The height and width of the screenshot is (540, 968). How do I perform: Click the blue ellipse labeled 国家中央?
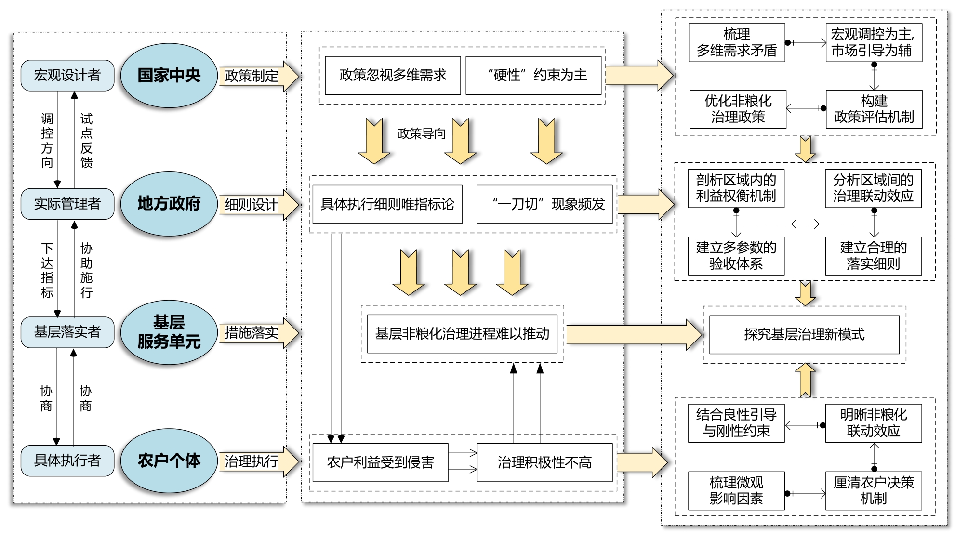point(169,75)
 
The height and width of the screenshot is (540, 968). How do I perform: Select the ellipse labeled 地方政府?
point(169,204)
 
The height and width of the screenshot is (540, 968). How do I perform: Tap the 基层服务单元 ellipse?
point(169,332)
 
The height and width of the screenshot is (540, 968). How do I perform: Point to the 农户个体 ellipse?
point(169,461)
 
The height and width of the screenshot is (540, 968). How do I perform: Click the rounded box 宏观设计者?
point(67,75)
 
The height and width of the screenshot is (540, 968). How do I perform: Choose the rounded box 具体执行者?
point(67,461)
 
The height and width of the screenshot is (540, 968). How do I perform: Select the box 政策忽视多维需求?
point(393,75)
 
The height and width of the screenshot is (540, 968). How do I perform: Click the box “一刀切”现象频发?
point(544,204)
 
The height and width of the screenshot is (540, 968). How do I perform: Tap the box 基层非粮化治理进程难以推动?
point(462,334)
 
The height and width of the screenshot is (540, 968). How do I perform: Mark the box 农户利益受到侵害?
point(380,462)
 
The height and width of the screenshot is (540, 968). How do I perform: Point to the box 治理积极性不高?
point(544,462)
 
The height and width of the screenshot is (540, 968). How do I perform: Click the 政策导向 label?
point(422,134)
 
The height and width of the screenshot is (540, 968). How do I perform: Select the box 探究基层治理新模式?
point(804,334)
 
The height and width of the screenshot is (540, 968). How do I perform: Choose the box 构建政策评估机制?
point(874,109)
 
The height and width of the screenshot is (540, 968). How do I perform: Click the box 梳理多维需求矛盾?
point(737,42)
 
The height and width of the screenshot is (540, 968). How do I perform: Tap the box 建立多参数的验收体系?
point(736,256)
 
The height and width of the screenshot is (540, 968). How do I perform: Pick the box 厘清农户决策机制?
point(873,490)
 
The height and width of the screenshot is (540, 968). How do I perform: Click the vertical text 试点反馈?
point(86,140)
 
